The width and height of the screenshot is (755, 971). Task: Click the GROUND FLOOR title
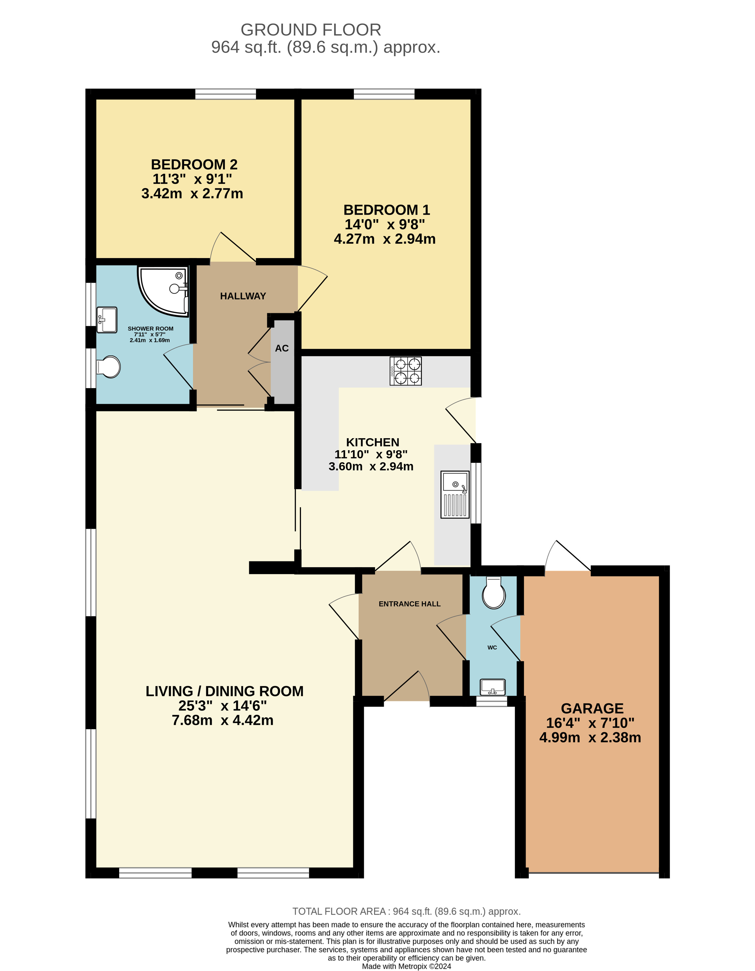click(x=310, y=30)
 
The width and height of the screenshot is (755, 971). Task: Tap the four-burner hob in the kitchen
click(x=406, y=371)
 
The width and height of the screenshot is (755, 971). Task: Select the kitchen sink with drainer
click(x=454, y=494)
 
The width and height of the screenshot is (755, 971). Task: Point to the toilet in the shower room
click(x=109, y=367)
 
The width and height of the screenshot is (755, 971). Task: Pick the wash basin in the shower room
click(x=107, y=319)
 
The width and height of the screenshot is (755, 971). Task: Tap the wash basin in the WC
click(x=492, y=687)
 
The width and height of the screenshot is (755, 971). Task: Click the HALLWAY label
click(x=243, y=296)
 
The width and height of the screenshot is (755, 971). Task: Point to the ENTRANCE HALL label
click(x=410, y=604)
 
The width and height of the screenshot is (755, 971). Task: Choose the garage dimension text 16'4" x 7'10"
click(x=590, y=723)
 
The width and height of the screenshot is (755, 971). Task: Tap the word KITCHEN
click(x=373, y=442)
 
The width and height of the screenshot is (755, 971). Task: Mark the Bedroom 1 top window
click(x=384, y=94)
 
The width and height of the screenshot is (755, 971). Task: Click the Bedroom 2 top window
click(x=225, y=94)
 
